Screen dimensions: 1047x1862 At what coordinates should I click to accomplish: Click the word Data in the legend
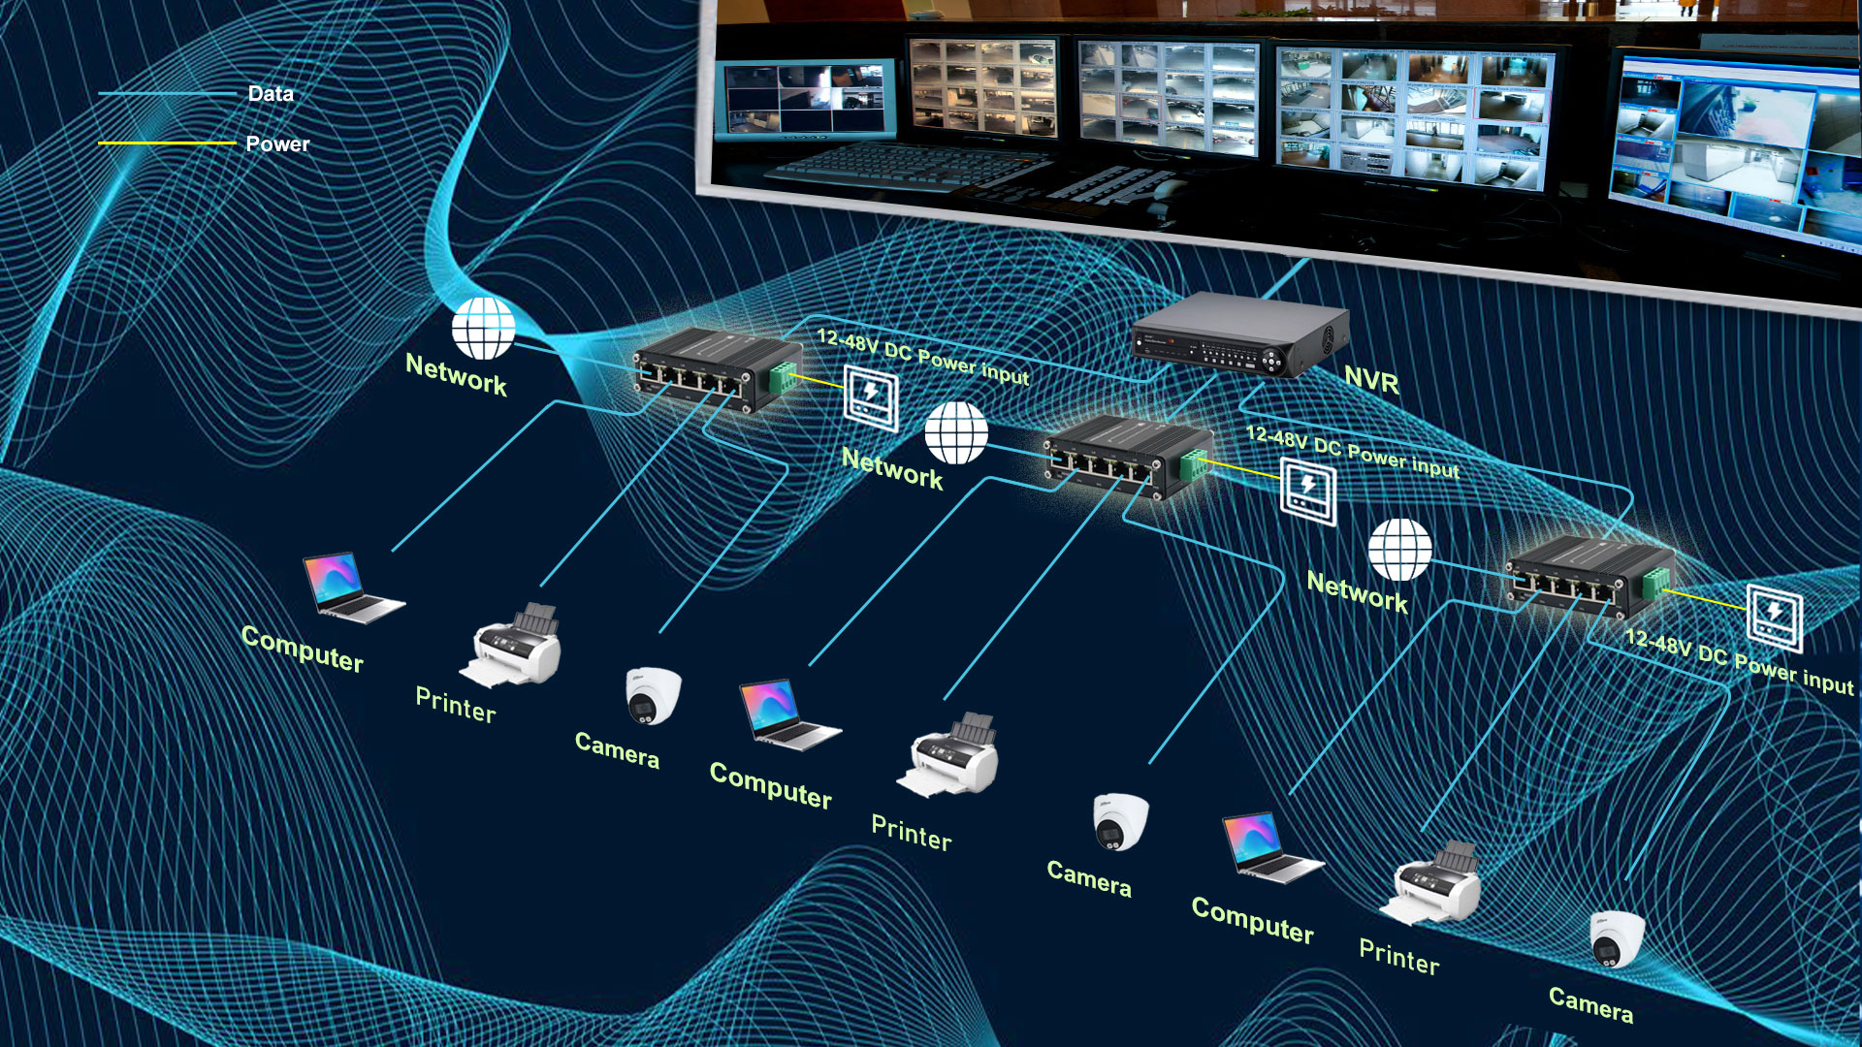271,94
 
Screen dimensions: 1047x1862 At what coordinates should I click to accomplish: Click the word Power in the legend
277,144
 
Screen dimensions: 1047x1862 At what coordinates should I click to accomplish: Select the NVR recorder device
1238,335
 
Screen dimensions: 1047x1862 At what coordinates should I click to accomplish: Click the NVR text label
1371,381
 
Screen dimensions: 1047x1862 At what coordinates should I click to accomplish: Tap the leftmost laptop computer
350,587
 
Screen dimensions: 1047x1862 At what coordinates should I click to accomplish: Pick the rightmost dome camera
1617,938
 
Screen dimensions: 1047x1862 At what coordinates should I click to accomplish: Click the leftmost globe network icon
483,328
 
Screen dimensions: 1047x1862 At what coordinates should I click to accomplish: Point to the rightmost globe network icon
1399,549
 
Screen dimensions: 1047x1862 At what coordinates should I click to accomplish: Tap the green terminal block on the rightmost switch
1654,582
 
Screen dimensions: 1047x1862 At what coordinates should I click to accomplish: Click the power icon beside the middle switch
1308,492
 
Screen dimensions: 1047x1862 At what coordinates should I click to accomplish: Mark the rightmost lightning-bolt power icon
1775,617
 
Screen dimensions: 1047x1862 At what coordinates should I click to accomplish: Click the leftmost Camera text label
617,749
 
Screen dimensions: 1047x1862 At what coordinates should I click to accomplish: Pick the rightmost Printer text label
1398,957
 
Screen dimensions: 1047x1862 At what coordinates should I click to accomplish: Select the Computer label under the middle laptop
771,785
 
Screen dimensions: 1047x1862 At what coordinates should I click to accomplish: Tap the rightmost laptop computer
1268,847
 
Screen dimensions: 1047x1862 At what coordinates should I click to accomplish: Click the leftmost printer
515,646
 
